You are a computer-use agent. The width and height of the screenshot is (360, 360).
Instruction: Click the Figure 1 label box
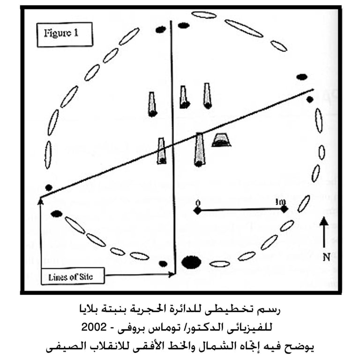pos(65,34)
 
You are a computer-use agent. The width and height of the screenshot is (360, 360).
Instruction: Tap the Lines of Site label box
pos(70,277)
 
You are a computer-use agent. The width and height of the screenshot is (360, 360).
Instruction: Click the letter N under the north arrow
pos(324,256)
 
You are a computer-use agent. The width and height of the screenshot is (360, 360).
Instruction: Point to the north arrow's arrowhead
pos(324,220)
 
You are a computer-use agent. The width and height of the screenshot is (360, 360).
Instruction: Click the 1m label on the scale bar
pos(281,202)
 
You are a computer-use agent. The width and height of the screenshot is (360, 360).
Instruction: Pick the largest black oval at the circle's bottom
pos(191,262)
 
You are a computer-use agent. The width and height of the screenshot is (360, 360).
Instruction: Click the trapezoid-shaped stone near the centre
pos(221,140)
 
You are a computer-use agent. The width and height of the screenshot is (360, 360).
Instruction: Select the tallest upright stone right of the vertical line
pos(199,150)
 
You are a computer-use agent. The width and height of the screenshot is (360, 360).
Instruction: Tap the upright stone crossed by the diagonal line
pos(162,150)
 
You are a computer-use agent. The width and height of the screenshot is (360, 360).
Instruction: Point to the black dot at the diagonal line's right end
pos(309,99)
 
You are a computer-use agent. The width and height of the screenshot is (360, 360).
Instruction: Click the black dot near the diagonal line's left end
pos(49,187)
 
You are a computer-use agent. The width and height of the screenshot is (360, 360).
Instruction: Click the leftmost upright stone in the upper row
pos(152,104)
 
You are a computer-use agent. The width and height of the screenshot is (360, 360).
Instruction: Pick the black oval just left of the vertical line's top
pos(161,30)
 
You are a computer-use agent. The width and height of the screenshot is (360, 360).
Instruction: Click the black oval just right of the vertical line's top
pos(184,25)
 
